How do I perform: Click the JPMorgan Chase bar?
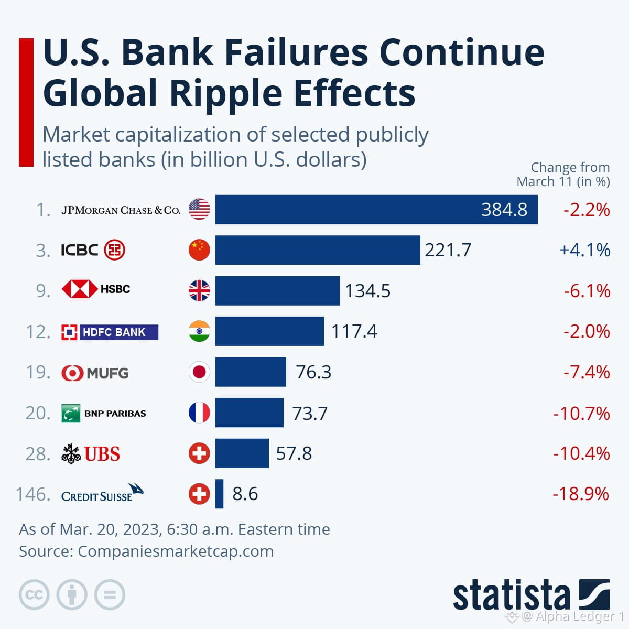pyautogui.click(x=376, y=210)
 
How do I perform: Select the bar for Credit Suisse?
pyautogui.click(x=219, y=494)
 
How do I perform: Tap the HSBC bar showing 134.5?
pyautogui.click(x=277, y=291)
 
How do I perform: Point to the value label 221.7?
pyautogui.click(x=448, y=251)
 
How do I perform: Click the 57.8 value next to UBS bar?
pyautogui.click(x=294, y=453)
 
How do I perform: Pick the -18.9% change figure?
pyautogui.click(x=581, y=494)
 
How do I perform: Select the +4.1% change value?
pyautogui.click(x=584, y=251)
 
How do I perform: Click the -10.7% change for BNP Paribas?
pyautogui.click(x=581, y=413)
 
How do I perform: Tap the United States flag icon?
pyautogui.click(x=199, y=210)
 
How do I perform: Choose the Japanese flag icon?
pyautogui.click(x=199, y=372)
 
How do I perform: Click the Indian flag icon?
pyautogui.click(x=199, y=331)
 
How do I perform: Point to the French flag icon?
pyautogui.click(x=199, y=413)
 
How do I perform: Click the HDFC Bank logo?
pyautogui.click(x=110, y=332)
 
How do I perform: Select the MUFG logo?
pyautogui.click(x=95, y=373)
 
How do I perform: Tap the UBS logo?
pyautogui.click(x=91, y=453)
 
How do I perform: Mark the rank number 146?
pyautogui.click(x=32, y=494)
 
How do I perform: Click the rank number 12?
pyautogui.click(x=38, y=331)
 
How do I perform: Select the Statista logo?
pyautogui.click(x=531, y=595)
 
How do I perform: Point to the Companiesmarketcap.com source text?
pyautogui.click(x=175, y=551)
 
